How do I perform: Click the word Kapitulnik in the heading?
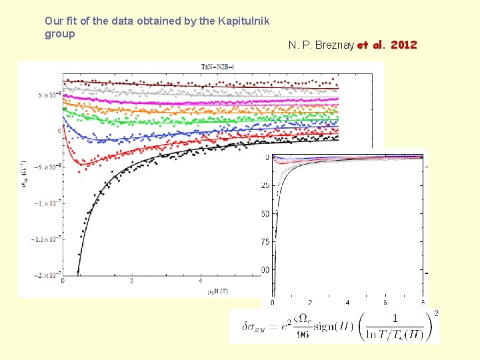245,21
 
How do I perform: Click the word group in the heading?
60,33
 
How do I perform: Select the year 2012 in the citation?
403,45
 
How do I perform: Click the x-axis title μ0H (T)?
213,291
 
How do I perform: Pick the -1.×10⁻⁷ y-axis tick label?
47,203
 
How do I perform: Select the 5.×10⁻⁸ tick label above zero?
49,95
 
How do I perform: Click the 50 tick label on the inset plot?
266,213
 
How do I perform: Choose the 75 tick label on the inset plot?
266,241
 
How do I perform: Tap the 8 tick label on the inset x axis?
423,302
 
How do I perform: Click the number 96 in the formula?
303,335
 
